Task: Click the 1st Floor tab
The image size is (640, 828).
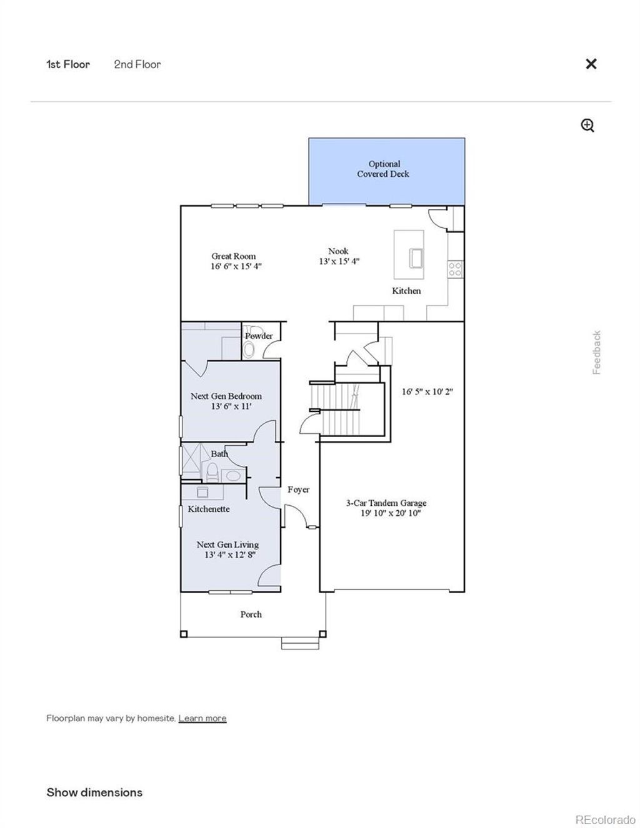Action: [67, 64]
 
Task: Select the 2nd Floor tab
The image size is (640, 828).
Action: [137, 64]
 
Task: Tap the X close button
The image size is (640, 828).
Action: [591, 64]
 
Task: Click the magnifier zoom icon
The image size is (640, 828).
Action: [587, 126]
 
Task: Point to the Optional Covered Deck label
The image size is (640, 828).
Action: [383, 169]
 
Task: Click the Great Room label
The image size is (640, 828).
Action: [233, 256]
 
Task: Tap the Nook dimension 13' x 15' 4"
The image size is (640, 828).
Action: [339, 262]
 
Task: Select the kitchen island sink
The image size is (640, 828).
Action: [416, 257]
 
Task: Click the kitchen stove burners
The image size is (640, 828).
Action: [455, 269]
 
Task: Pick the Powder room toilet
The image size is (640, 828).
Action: [249, 350]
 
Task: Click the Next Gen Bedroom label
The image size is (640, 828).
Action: [226, 396]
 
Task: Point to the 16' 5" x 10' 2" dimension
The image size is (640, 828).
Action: [427, 392]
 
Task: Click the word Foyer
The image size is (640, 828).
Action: [298, 490]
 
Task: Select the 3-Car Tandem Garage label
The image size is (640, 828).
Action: [386, 503]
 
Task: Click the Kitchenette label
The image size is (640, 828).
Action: [209, 509]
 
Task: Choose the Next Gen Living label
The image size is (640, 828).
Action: [227, 545]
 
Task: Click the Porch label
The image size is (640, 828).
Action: [251, 614]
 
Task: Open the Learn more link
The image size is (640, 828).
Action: [202, 718]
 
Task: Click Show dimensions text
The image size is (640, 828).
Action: [94, 792]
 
